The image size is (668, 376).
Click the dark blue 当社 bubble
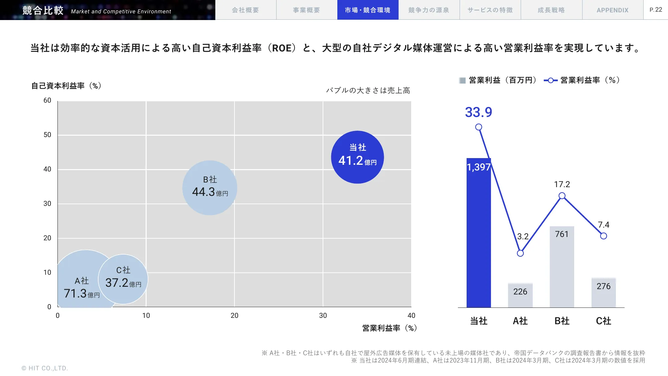pos(357,157)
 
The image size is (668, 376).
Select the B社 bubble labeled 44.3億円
pos(210,187)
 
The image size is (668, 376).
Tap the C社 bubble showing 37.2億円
pos(123,279)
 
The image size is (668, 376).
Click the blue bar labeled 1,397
pos(479,234)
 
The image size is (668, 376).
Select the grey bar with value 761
pos(562,267)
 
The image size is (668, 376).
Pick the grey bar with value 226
pos(520,295)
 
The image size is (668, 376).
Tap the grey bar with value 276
pos(603,293)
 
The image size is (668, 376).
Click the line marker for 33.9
pos(479,127)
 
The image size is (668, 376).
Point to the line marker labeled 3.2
pos(520,253)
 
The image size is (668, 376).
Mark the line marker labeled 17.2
pos(562,196)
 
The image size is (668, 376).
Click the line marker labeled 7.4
pos(603,236)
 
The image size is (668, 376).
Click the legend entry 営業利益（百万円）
pos(498,80)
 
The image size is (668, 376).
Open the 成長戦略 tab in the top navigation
pos(551,10)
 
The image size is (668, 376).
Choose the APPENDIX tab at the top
pos(613,10)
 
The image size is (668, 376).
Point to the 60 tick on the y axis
pos(47,101)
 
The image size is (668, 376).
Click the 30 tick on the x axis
pos(323,316)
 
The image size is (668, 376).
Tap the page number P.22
pos(656,10)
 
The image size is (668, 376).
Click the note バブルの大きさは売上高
pos(368,90)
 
